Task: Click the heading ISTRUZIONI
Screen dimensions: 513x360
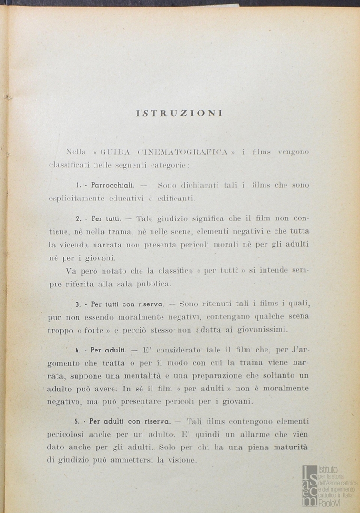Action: click(x=180, y=114)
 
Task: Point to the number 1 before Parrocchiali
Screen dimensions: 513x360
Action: click(x=78, y=185)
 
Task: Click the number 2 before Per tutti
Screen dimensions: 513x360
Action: click(x=77, y=219)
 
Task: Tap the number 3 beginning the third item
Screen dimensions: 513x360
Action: click(x=77, y=304)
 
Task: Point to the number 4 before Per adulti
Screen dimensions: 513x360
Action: click(x=77, y=350)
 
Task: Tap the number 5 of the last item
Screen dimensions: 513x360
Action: click(x=77, y=421)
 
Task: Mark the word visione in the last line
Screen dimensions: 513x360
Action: click(x=182, y=460)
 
